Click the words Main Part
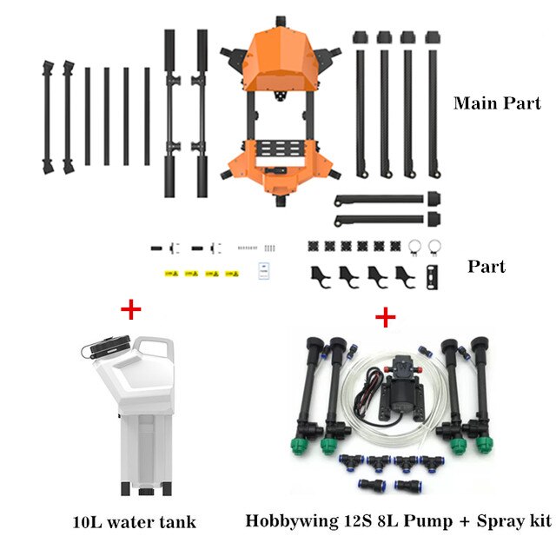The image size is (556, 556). (497, 103)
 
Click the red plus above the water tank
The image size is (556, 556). (131, 309)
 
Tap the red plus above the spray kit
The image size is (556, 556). (385, 317)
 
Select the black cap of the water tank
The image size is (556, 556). (111, 344)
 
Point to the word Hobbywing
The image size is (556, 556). (292, 521)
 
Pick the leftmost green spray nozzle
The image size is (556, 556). (300, 447)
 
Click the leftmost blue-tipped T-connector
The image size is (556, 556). (351, 462)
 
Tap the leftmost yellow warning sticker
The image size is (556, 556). (171, 274)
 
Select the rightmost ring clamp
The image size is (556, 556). (434, 247)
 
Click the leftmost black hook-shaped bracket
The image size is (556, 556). (320, 276)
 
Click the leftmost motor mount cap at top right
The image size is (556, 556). (361, 37)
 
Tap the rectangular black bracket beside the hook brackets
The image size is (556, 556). (433, 277)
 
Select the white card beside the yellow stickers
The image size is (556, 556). (263, 271)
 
